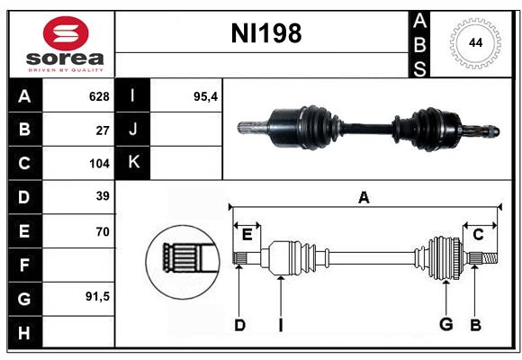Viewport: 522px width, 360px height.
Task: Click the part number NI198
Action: (x=266, y=33)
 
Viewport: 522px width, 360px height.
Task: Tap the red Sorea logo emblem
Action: (x=66, y=33)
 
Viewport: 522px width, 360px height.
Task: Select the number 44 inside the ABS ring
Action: (x=475, y=43)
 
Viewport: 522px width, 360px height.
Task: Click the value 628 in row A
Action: (x=99, y=96)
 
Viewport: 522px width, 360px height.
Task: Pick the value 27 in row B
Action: (x=103, y=130)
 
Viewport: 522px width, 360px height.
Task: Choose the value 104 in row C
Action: (x=99, y=164)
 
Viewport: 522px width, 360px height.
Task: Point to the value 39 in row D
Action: (x=103, y=196)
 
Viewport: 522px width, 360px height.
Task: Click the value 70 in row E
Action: (x=103, y=231)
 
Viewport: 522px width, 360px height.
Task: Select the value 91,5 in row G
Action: (x=97, y=296)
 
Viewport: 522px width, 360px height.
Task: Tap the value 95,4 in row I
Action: (x=205, y=96)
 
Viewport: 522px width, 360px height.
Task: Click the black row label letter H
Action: (x=24, y=333)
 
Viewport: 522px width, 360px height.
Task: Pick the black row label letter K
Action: (x=134, y=162)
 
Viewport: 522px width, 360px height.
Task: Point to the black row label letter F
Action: (x=24, y=265)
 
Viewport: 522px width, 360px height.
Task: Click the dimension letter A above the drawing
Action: (x=364, y=197)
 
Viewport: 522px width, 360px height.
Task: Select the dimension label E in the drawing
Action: (x=247, y=235)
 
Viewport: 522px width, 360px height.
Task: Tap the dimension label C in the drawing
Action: (x=478, y=235)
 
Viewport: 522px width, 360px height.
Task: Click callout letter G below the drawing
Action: (x=446, y=324)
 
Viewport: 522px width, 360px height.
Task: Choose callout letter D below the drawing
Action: (x=239, y=325)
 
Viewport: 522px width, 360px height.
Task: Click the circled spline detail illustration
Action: (x=183, y=262)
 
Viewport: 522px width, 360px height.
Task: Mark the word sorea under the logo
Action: (x=65, y=58)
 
